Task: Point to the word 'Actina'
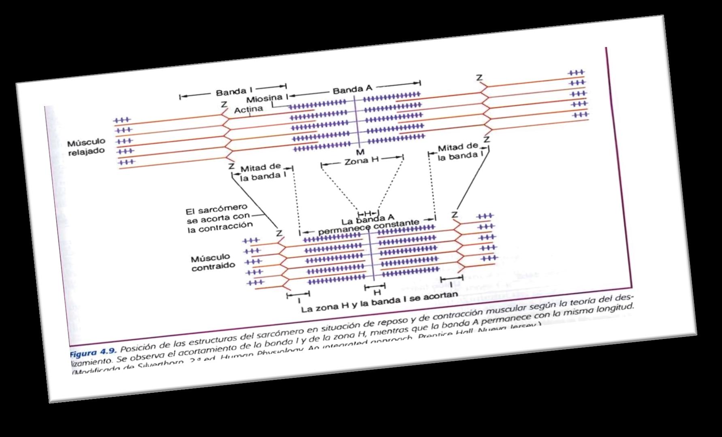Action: [x=248, y=109]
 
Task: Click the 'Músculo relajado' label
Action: [x=86, y=147]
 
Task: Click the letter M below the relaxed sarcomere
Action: [x=360, y=152]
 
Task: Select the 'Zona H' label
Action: [x=361, y=160]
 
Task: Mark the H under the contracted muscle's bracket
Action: [x=377, y=292]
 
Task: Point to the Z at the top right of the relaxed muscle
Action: [x=479, y=78]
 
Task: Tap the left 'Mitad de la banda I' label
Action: [x=261, y=172]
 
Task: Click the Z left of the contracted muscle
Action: [x=279, y=233]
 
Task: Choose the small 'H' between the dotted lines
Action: [x=367, y=213]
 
